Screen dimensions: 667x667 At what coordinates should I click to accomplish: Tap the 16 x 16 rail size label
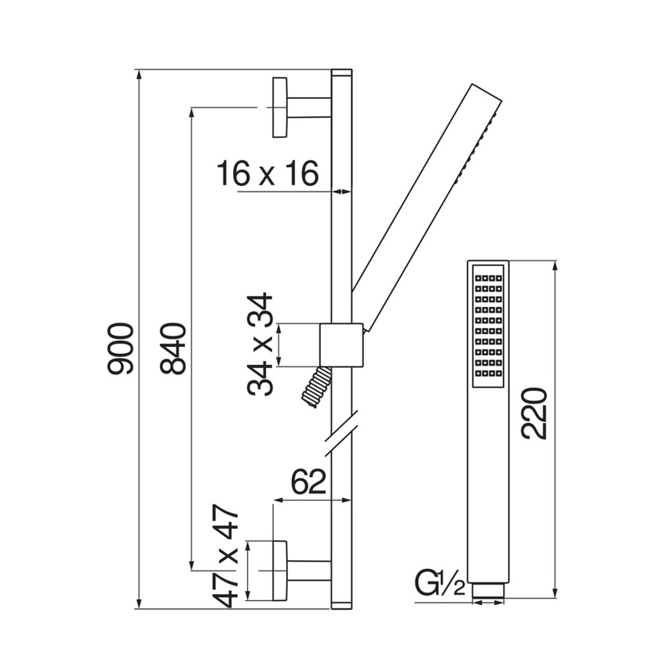(x=268, y=173)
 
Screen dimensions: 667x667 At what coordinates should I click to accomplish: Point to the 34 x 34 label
(x=260, y=344)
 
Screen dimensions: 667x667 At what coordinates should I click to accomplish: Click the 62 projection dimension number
(x=309, y=482)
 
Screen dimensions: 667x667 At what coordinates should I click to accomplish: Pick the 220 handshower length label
(x=534, y=414)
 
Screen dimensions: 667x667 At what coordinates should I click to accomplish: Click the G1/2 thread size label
(x=440, y=585)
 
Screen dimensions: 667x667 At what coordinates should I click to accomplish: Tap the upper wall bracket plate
(x=279, y=108)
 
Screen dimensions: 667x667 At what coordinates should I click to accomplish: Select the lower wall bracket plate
(x=279, y=570)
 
